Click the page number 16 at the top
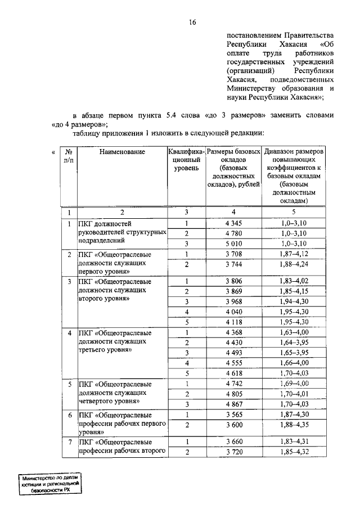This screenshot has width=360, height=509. [192, 22]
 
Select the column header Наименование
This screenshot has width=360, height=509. [121, 152]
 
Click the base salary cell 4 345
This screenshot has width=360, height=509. [233, 223]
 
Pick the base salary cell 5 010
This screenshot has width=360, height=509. [233, 244]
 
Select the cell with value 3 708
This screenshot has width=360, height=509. [233, 254]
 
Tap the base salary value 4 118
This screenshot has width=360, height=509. [233, 322]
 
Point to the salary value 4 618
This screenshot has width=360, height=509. [233, 373]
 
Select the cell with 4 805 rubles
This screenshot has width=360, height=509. [233, 394]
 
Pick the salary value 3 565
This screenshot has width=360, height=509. [233, 415]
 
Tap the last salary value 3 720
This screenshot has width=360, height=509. [233, 452]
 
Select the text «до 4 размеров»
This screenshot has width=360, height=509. [79, 124]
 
